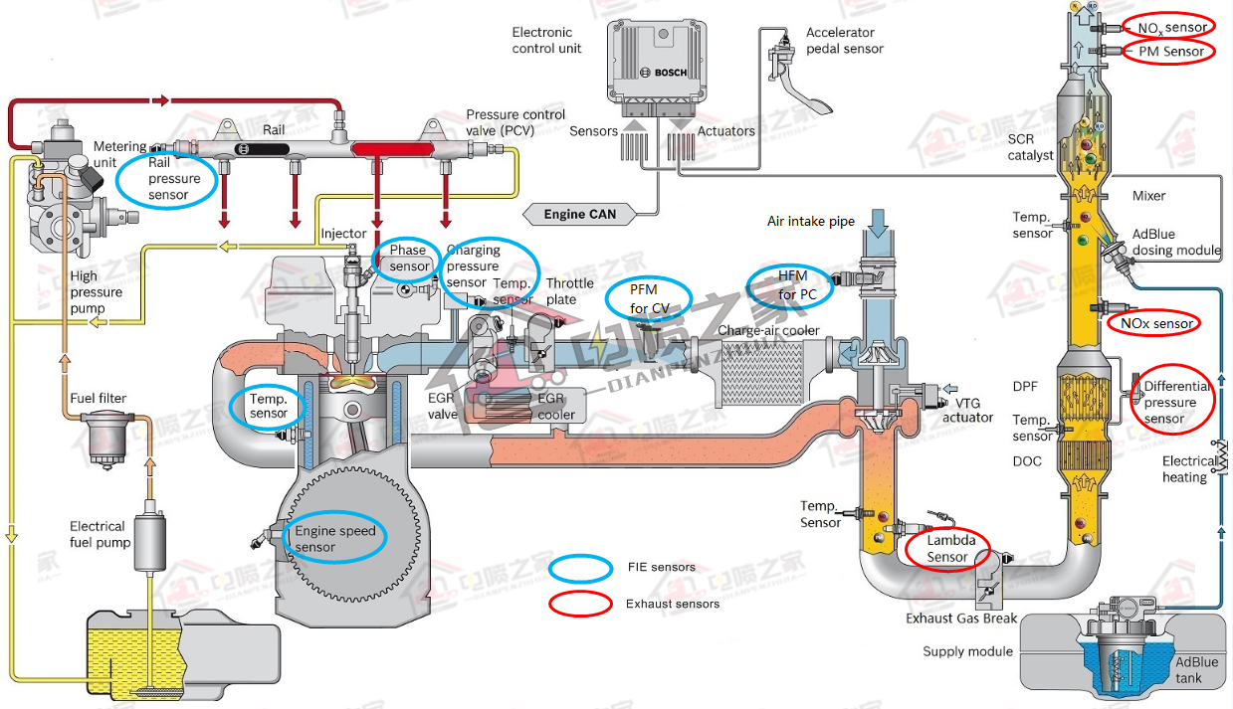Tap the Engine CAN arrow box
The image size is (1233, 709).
coord(578,214)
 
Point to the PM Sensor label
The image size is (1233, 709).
coord(1170,52)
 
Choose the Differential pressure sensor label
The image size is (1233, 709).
coord(1174,403)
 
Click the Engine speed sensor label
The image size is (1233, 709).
coord(334,539)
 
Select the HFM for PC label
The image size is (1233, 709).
coord(793,286)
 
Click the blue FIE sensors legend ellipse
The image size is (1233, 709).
coord(580,568)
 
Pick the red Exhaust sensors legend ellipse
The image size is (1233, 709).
coord(580,604)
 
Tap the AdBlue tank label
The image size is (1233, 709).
coord(1195,670)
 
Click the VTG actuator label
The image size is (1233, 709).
coord(967,410)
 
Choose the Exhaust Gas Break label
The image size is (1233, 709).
coord(960,619)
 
